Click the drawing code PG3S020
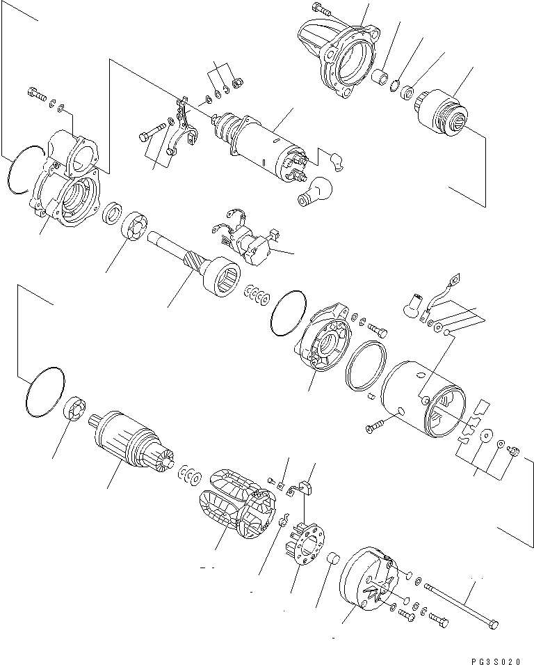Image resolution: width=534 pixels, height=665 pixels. point(494,655)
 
